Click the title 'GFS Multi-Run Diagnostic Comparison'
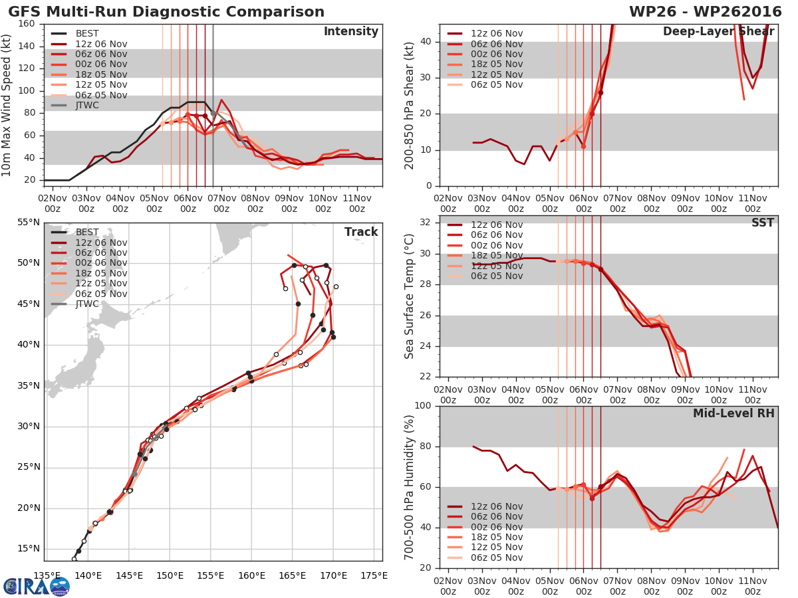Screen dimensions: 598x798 166,12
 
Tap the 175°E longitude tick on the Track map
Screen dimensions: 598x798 374,575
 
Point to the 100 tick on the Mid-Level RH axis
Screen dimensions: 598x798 424,406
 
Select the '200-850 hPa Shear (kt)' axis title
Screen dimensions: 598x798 410,105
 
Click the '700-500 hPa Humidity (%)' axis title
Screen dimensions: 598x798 410,486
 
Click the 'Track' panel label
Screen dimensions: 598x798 361,232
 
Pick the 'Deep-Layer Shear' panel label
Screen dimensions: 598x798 718,32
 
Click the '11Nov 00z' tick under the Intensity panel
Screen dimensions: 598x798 356,203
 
